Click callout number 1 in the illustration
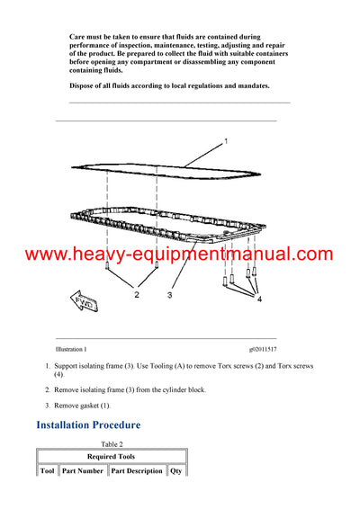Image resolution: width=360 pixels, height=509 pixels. pos(226,141)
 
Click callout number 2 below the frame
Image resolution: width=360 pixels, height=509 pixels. pos(137,293)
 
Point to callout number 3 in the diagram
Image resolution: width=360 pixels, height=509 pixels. pos(169,293)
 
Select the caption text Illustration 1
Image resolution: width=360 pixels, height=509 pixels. pos(71,348)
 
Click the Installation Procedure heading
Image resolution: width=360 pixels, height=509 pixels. pos(88,424)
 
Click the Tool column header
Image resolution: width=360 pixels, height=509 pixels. pos(48,470)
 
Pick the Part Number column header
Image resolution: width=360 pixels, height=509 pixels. pos(82,470)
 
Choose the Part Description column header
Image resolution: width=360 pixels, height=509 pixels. pos(137,470)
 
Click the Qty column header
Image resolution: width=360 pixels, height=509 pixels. pos(176,470)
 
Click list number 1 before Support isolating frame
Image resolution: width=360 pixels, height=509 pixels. pos(48,366)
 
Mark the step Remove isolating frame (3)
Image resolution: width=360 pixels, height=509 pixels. pos(130,390)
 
